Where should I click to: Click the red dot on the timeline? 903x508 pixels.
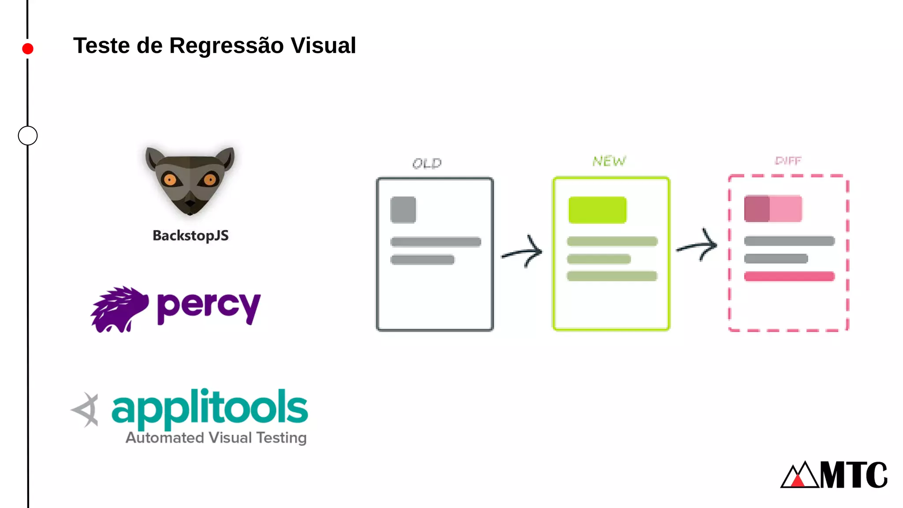coord(28,49)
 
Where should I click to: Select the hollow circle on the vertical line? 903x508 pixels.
coord(28,135)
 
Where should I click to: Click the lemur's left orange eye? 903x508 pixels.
coord(170,179)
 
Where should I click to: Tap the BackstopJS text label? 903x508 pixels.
coord(190,235)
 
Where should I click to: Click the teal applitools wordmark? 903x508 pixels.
coord(210,408)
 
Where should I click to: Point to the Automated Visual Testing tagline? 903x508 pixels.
coord(216,437)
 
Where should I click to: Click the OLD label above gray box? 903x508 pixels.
coord(427,164)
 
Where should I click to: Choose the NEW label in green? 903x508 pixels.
coord(609,161)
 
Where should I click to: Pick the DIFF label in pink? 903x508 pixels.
coord(788,161)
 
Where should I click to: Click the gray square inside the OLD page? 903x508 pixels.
coord(403,210)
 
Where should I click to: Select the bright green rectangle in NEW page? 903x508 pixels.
coord(597,210)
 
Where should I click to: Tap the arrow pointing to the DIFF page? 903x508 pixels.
coord(698,246)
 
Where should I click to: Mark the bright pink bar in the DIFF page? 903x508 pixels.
coord(789,276)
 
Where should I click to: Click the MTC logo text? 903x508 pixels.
coord(853,475)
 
